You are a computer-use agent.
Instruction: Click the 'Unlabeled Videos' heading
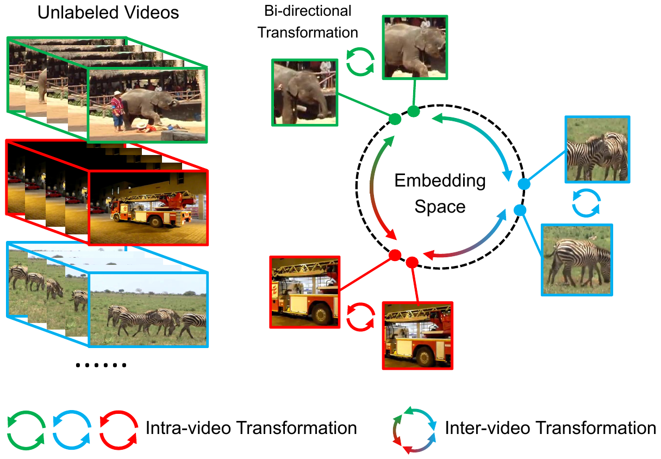click(108, 13)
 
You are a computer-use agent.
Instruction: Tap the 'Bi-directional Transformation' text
click(308, 22)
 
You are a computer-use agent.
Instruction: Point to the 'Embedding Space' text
click(440, 193)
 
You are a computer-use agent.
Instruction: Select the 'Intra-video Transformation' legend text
click(251, 428)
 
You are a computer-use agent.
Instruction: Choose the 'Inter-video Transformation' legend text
click(550, 428)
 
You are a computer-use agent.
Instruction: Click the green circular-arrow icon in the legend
click(26, 429)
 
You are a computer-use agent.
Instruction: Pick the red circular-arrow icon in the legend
click(119, 429)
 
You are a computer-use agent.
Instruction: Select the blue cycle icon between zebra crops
click(587, 203)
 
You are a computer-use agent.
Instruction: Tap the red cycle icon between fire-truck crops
click(361, 317)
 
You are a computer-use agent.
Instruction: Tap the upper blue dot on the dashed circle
click(524, 184)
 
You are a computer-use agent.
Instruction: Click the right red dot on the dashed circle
click(411, 262)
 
